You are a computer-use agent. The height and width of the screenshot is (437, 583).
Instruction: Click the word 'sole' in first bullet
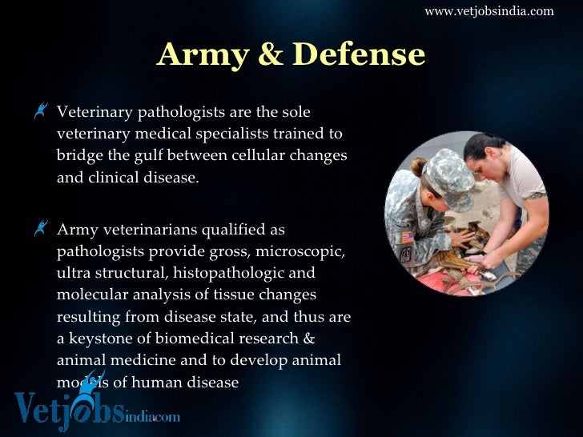coord(294,111)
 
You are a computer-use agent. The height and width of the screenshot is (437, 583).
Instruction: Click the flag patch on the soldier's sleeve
coord(408,237)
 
